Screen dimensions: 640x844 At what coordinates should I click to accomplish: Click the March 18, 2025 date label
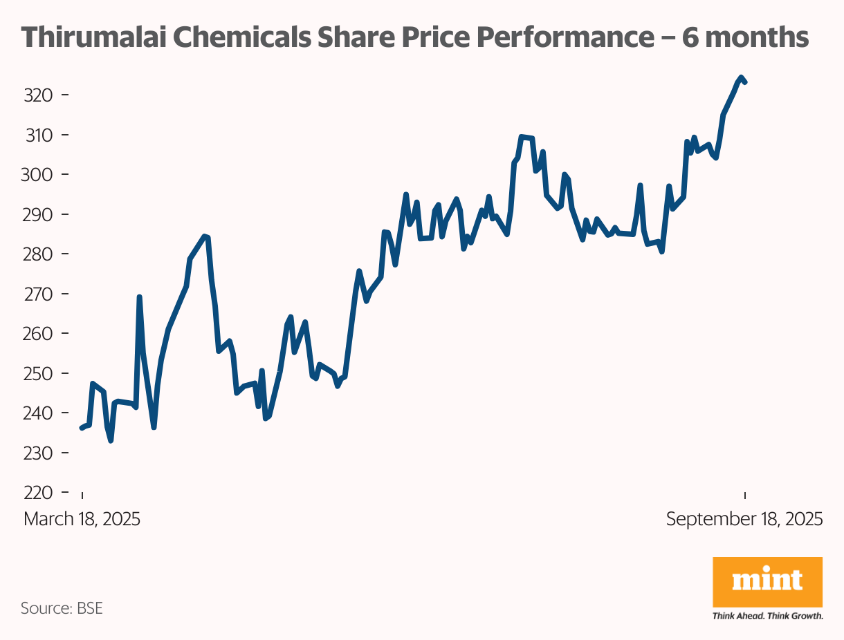(x=82, y=519)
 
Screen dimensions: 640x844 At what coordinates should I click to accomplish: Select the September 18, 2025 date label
(x=744, y=519)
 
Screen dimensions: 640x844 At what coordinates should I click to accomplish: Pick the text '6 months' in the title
(x=746, y=37)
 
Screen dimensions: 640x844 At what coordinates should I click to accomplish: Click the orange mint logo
(x=767, y=582)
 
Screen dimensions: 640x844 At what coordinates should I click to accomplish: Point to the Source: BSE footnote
(x=62, y=609)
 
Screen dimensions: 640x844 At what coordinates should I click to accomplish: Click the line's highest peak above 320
(x=741, y=77)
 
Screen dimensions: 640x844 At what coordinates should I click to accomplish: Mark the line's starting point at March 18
(x=82, y=429)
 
